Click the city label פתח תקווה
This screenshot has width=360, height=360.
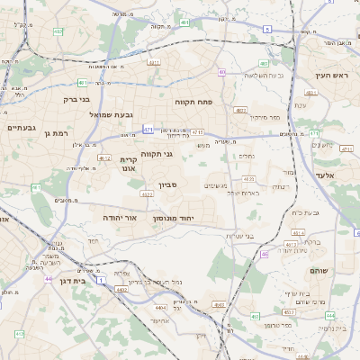(193, 103)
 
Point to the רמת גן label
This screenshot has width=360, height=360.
(56, 133)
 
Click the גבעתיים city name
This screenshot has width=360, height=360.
(21, 128)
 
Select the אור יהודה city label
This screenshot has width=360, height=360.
(119, 218)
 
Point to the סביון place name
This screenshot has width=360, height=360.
(169, 185)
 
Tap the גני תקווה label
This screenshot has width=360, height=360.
(157, 154)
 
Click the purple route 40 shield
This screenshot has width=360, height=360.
(221, 72)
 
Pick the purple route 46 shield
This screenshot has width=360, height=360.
(265, 255)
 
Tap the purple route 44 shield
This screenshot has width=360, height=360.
(47, 279)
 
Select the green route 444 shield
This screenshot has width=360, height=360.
(330, 315)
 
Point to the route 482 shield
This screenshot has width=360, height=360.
(58, 31)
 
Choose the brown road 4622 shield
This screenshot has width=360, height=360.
(146, 193)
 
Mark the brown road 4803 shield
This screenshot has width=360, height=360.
(240, 111)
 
